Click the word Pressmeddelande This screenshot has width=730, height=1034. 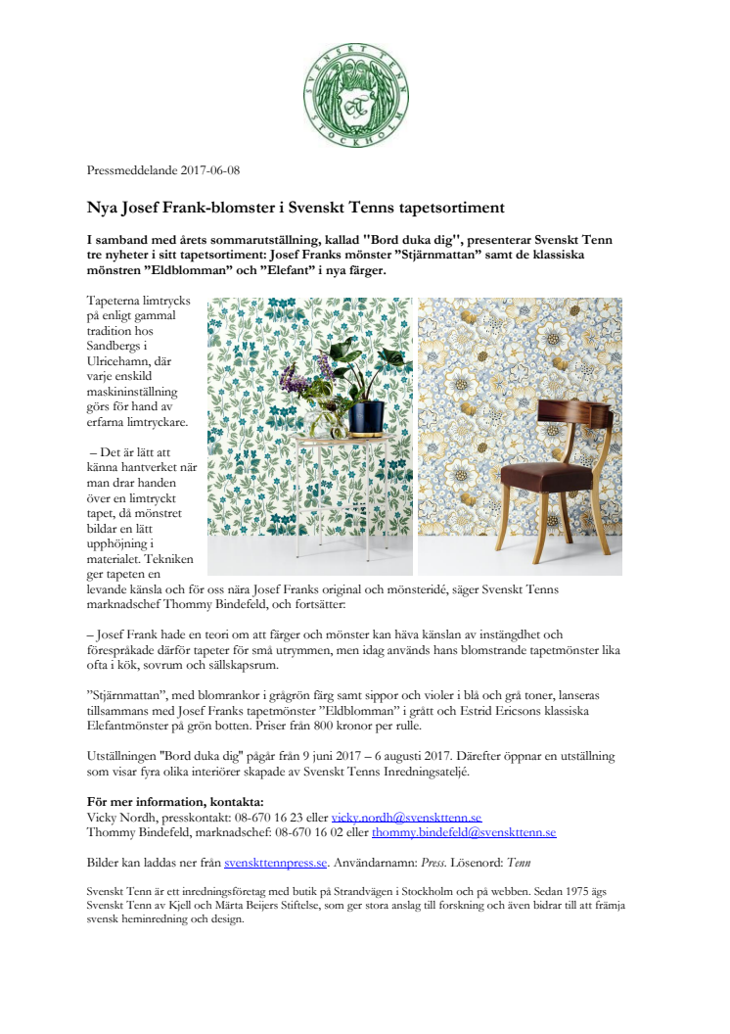pos(131,170)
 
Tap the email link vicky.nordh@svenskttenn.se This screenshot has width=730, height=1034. pos(406,817)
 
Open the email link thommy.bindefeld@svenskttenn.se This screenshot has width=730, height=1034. pos(464,831)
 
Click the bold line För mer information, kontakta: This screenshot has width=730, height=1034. pos(168,802)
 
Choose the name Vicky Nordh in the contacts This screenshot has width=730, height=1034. pos(118,817)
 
